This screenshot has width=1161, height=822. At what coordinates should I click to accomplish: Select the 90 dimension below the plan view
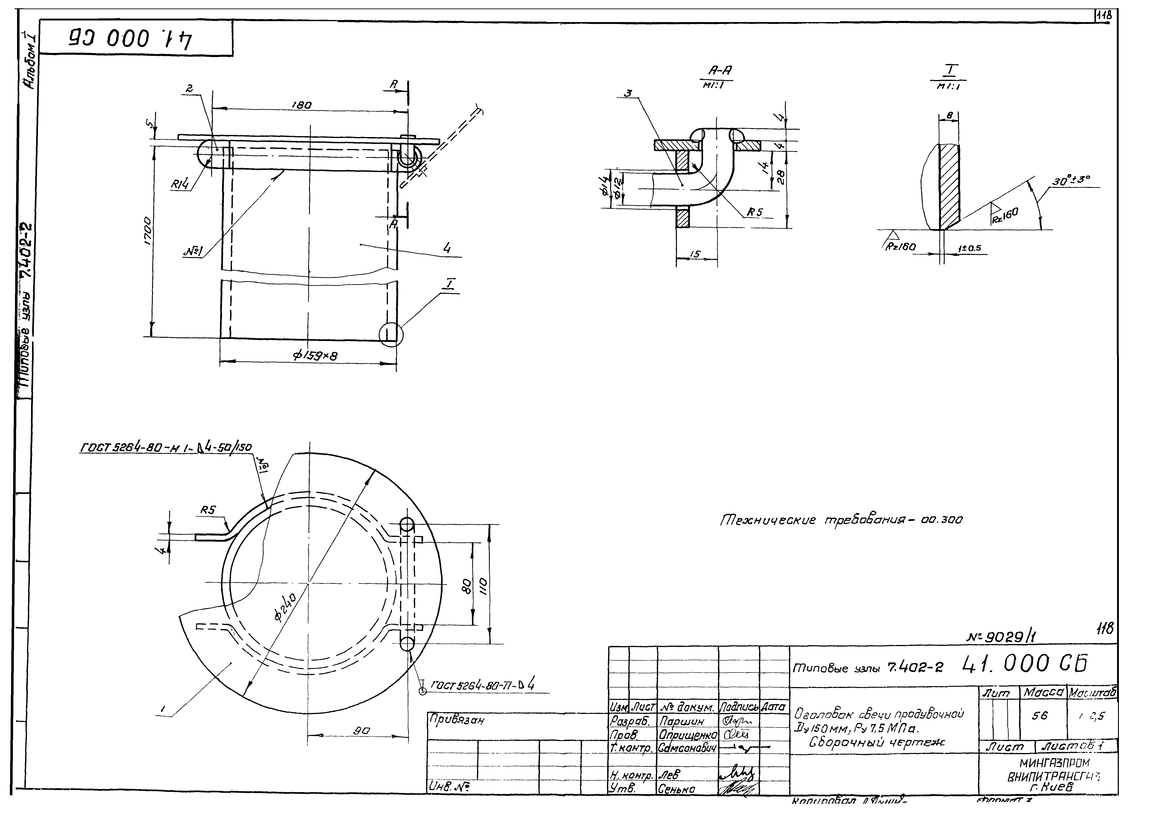362,730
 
